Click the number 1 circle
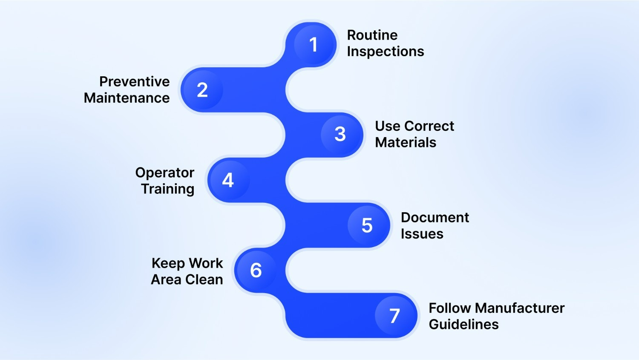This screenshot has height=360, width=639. [314, 45]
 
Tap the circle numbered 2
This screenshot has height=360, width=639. [202, 90]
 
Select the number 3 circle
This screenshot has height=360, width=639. [340, 134]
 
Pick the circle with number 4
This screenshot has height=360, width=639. [228, 180]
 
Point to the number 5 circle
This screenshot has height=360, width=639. [367, 225]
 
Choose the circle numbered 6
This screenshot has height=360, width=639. [256, 270]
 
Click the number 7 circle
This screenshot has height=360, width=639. [395, 316]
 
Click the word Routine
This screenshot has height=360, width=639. [372, 35]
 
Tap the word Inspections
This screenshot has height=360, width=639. [386, 52]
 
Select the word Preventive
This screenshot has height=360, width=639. [135, 81]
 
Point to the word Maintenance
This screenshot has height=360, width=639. [127, 98]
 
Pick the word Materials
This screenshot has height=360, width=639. [406, 142]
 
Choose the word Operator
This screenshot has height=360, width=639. [165, 173]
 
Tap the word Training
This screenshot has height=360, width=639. [168, 189]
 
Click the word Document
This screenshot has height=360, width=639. [435, 217]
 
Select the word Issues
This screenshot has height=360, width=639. [422, 234]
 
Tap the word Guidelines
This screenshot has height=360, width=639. [464, 324]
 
